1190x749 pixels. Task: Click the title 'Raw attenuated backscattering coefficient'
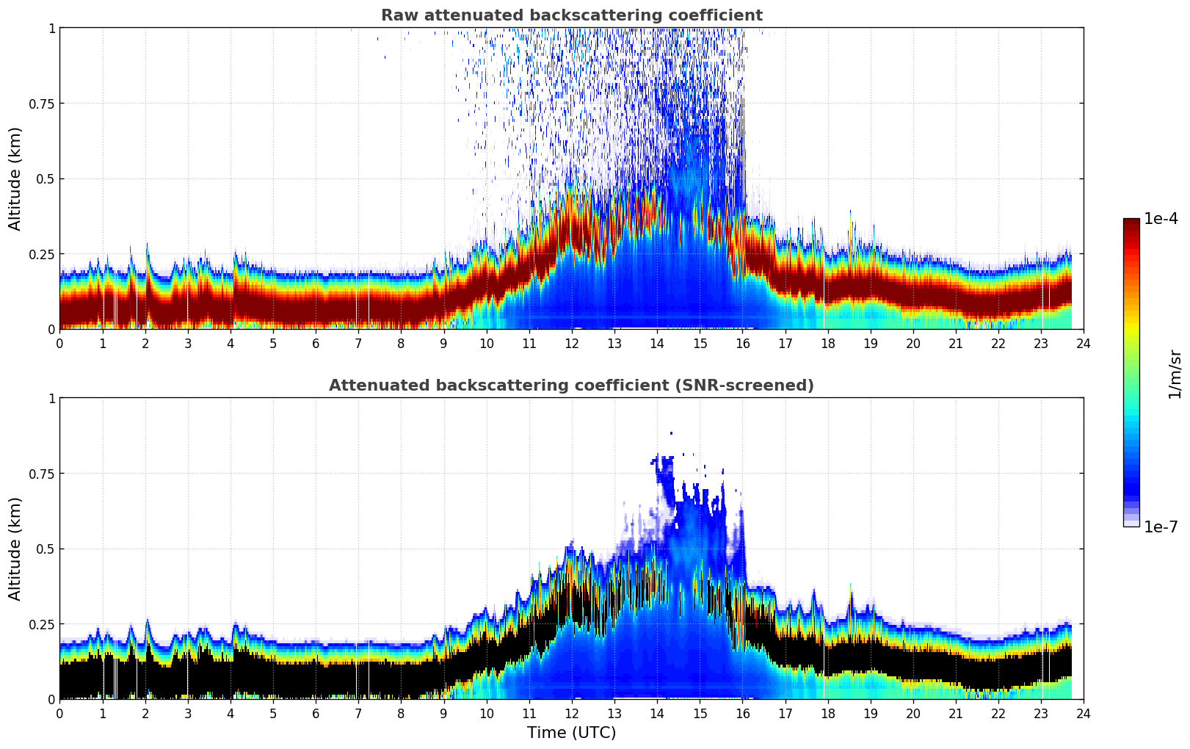[x=571, y=15]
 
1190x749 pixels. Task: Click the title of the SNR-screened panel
[x=571, y=386]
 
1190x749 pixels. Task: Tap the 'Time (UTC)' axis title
[x=571, y=733]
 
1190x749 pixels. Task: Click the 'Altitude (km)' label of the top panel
[x=15, y=178]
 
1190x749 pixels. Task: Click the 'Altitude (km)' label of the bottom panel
[x=15, y=549]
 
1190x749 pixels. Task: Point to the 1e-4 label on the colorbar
[x=1161, y=219]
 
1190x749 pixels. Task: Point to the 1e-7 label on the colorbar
[x=1161, y=527]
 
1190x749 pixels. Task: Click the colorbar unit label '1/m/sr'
[x=1175, y=374]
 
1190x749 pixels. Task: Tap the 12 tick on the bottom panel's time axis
[x=572, y=714]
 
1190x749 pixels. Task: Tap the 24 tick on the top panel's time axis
[x=1084, y=344]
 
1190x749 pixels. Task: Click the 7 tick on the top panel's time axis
[x=358, y=344]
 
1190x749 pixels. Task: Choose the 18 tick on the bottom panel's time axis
[x=827, y=714]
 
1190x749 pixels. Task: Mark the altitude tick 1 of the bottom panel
[x=51, y=398]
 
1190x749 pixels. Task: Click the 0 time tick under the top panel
[x=60, y=344]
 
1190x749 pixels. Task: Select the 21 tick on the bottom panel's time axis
[x=956, y=714]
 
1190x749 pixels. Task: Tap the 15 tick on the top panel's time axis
[x=700, y=344]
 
